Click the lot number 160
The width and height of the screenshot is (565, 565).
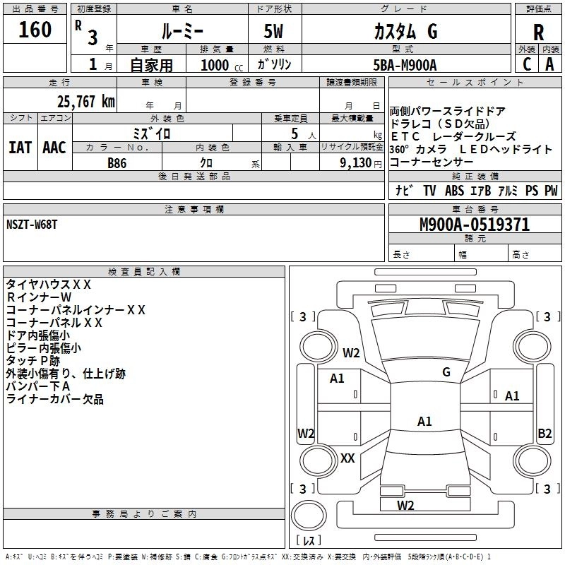35,30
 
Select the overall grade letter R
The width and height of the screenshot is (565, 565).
538,32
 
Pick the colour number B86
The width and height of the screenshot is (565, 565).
117,162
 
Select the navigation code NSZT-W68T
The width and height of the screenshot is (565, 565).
32,225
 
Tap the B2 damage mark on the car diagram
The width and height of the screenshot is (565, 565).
544,434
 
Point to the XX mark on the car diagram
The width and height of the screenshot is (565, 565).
347,458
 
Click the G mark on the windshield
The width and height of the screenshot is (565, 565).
446,372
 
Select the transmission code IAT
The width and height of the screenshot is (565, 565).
20,147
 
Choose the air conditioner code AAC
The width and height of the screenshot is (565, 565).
54,147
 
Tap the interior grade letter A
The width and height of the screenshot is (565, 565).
549,64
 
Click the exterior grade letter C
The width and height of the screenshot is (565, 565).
527,64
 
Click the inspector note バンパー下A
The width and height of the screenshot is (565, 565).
38,387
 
